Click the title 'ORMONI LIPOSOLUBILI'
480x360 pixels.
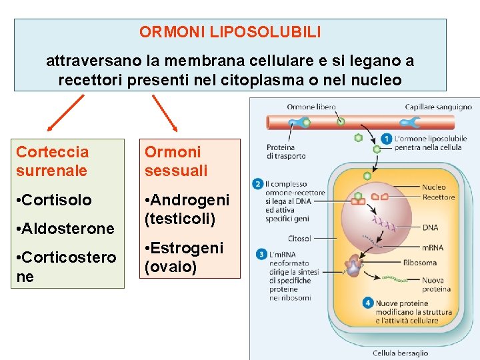[230, 31]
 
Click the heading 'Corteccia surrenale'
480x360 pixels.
[52, 161]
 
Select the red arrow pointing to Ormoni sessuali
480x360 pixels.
[165, 113]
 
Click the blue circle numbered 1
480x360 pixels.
[387, 139]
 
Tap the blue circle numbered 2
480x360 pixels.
[258, 183]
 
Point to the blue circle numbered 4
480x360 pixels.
[367, 303]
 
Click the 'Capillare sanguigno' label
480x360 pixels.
[438, 107]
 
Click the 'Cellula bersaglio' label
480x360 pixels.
[400, 353]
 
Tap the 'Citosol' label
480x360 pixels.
[299, 238]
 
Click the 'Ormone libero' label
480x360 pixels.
[311, 107]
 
